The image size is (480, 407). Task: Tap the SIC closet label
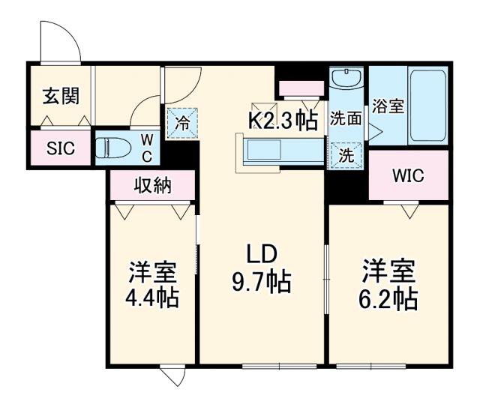coord(61,148)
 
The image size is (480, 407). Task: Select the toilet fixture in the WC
coord(118,147)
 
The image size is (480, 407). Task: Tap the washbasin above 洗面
coord(347,82)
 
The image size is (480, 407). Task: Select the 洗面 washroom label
coord(346,118)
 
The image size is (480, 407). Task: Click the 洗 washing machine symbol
coord(346,155)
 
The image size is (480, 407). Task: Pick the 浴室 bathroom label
coord(389,106)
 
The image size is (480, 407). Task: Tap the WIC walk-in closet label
coord(409,176)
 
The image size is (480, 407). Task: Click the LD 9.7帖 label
coord(259,268)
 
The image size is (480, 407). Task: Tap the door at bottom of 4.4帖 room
coord(172,374)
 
